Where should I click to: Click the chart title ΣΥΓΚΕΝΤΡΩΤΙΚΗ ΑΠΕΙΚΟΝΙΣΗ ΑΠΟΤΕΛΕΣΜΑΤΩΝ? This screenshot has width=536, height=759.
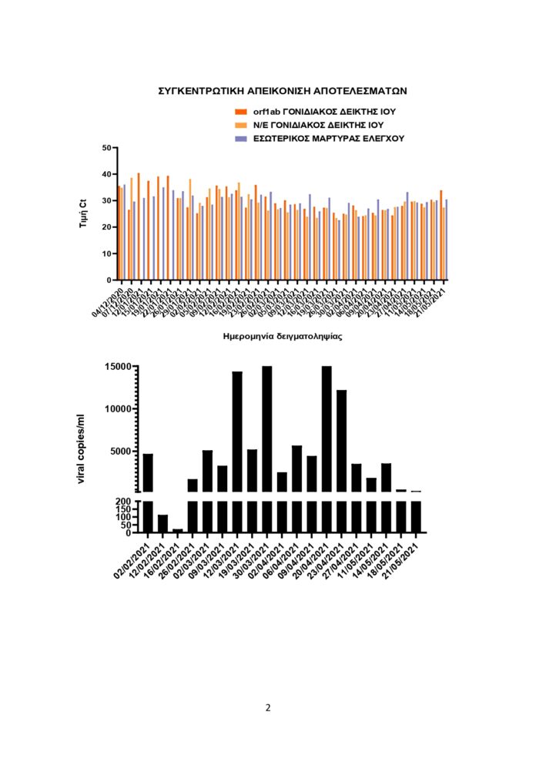[282, 91]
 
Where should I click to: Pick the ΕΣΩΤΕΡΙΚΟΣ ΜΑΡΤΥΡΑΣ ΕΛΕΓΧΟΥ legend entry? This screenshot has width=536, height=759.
[329, 139]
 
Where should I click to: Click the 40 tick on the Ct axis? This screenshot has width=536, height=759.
[107, 174]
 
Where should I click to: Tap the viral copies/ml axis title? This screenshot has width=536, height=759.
[81, 449]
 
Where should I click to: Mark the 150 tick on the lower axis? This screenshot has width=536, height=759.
[122, 509]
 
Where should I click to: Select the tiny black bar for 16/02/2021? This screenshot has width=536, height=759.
[178, 531]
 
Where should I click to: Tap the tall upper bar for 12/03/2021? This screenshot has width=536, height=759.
[237, 432]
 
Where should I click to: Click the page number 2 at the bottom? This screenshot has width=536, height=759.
[268, 708]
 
